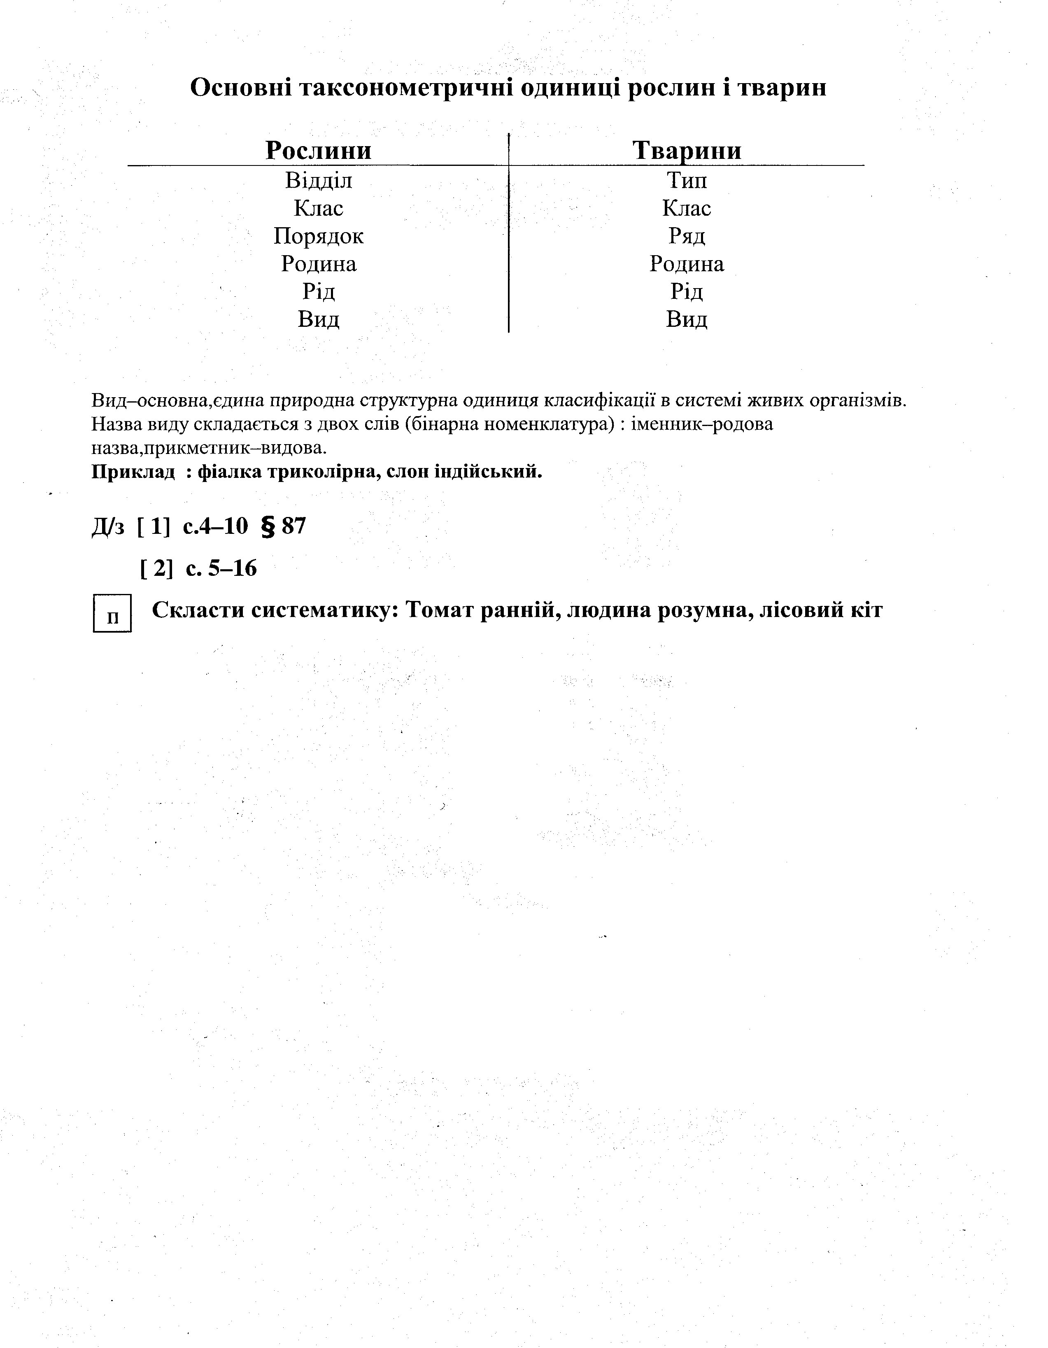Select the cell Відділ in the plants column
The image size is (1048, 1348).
coord(319,181)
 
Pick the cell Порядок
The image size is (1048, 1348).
coord(319,236)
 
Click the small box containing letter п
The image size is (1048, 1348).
coord(112,613)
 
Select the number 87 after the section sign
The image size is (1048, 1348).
coord(293,526)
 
